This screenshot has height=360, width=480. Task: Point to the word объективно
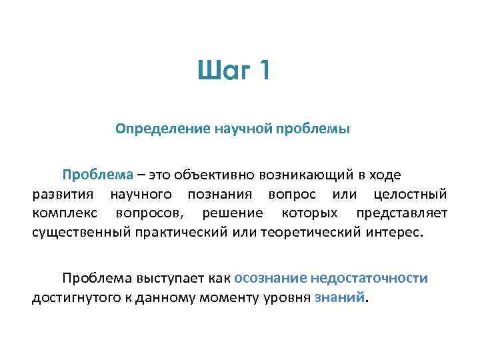[207, 175]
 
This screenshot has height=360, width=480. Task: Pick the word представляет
[401, 214]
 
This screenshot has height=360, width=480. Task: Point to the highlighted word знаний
[340, 297]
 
